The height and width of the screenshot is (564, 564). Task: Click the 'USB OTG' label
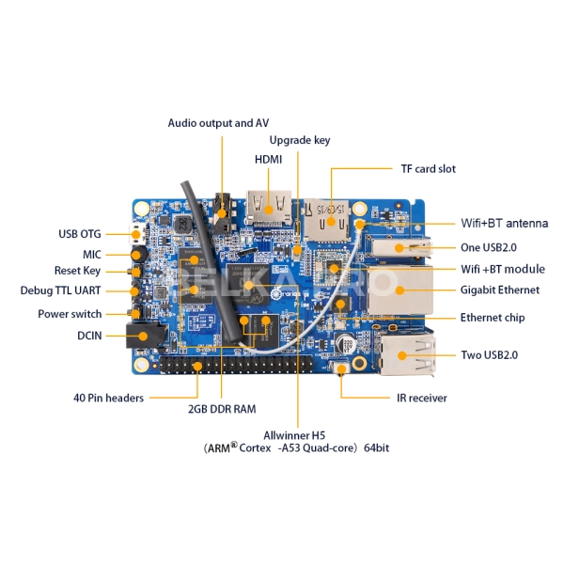(x=79, y=234)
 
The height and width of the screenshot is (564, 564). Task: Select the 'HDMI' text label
(x=268, y=160)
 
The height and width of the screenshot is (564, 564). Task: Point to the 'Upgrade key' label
(x=300, y=140)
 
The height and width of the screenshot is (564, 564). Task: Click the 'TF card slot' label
(x=422, y=169)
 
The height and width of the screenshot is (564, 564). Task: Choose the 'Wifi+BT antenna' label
(x=504, y=224)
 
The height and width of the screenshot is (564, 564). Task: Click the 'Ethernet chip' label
(x=492, y=318)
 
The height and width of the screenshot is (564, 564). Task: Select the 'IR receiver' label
(x=421, y=398)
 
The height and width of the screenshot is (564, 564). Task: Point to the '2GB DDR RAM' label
(x=222, y=409)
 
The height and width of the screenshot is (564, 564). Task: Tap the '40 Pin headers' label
(x=109, y=398)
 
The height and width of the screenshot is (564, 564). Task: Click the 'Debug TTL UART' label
(x=60, y=290)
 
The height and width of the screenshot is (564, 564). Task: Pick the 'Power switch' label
(x=70, y=314)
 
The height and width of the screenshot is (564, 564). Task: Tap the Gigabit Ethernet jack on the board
(x=402, y=290)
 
